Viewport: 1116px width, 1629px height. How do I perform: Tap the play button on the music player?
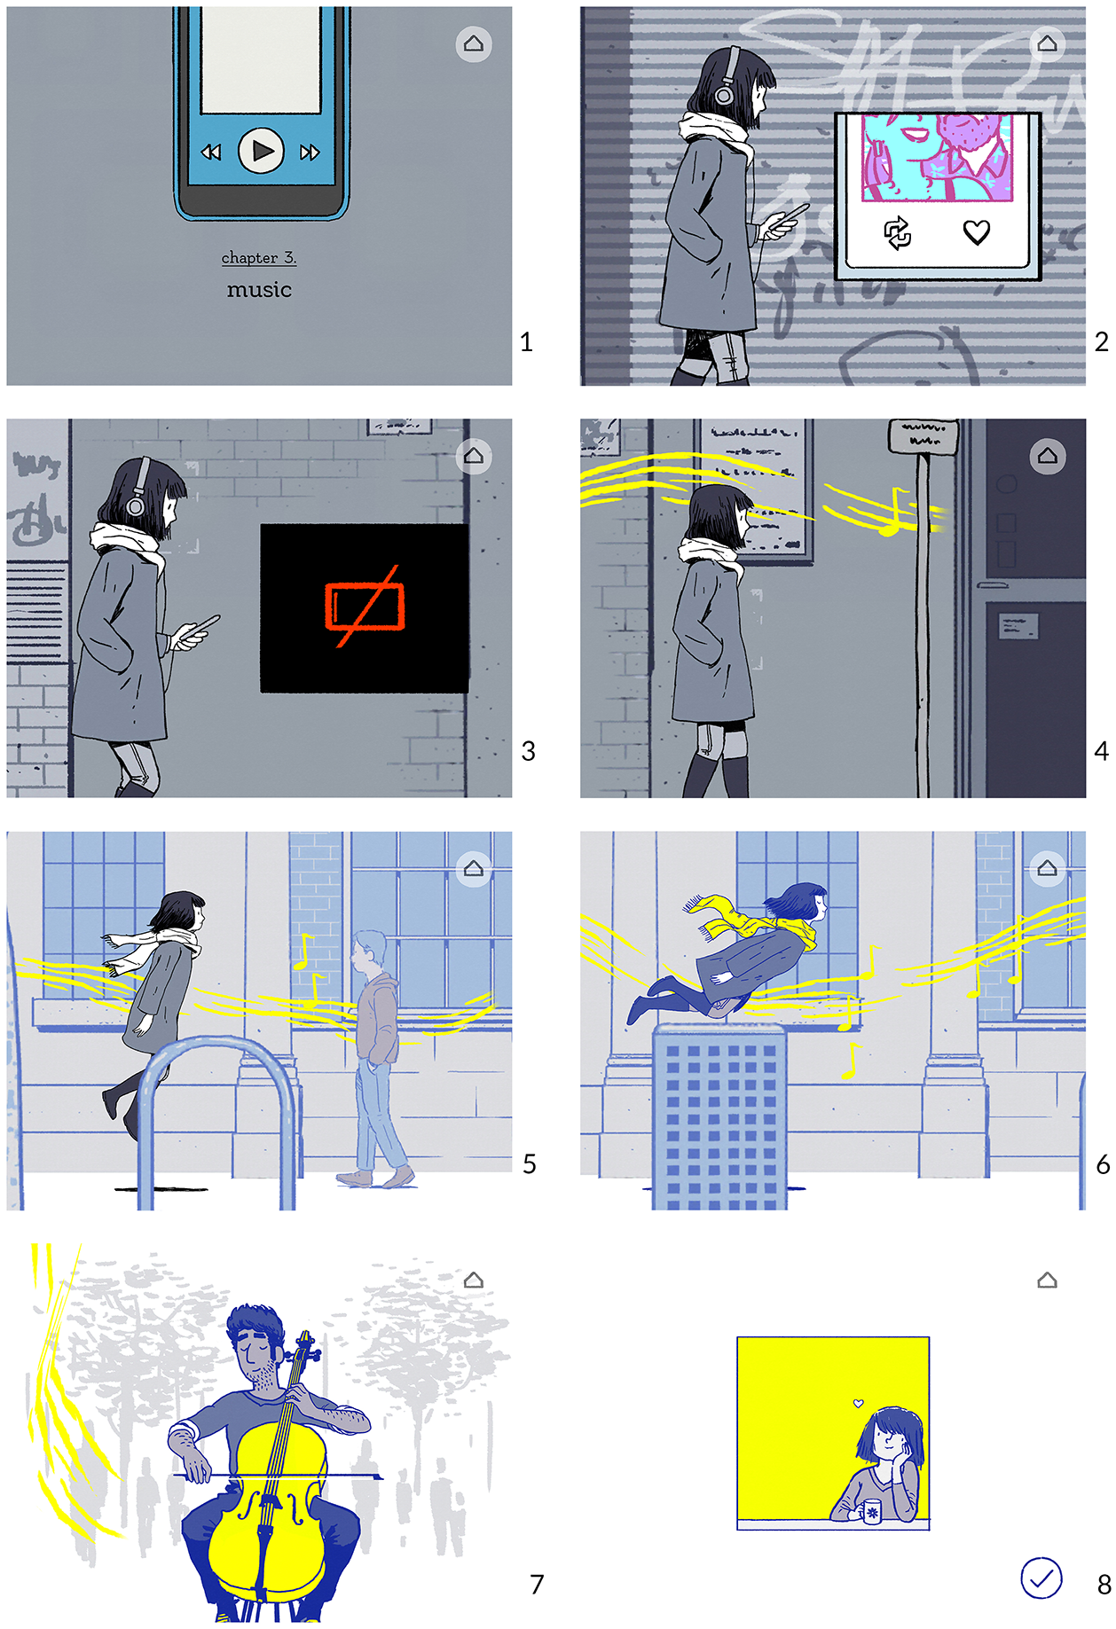pyautogui.click(x=261, y=151)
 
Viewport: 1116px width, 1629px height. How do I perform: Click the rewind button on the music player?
pyautogui.click(x=211, y=153)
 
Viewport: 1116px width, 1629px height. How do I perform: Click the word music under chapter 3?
pyautogui.click(x=259, y=289)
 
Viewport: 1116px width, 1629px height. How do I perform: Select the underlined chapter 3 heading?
pyautogui.click(x=259, y=258)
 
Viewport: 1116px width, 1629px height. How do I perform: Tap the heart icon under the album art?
pyautogui.click(x=977, y=232)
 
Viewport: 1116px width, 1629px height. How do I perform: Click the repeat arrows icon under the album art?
pyautogui.click(x=898, y=233)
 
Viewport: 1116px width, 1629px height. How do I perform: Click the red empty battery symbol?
pyautogui.click(x=365, y=607)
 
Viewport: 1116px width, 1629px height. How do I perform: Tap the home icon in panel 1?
pyautogui.click(x=474, y=43)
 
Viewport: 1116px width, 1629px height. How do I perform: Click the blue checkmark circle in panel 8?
pyautogui.click(x=1041, y=1578)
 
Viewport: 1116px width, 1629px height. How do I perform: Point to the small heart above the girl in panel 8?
pyautogui.click(x=858, y=1403)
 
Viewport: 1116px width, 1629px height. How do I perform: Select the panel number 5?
pyautogui.click(x=530, y=1163)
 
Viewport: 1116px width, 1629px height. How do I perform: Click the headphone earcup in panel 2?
pyautogui.click(x=724, y=93)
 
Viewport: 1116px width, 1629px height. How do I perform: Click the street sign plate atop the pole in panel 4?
pyautogui.click(x=923, y=435)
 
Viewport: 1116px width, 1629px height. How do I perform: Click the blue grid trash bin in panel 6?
pyautogui.click(x=719, y=1116)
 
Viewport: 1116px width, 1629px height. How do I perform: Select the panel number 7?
pyautogui.click(x=537, y=1584)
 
